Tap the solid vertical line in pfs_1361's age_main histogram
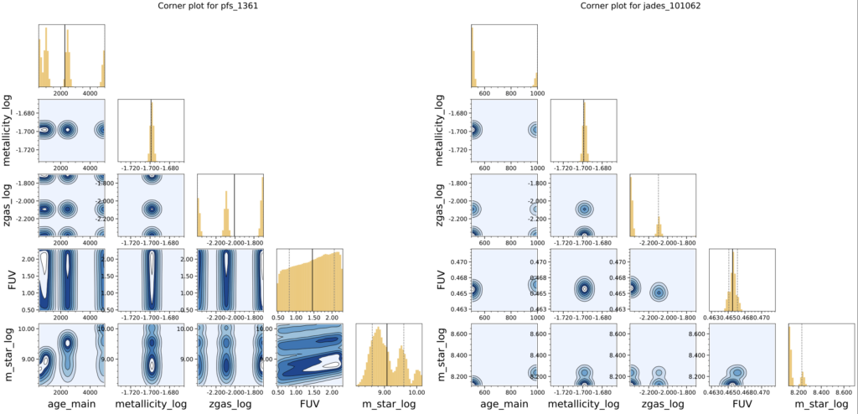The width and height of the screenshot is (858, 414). [x=65, y=50]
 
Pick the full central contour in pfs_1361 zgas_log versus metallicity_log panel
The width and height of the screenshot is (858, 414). [x=151, y=209]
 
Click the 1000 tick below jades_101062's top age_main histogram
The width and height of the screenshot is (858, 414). [x=533, y=95]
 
